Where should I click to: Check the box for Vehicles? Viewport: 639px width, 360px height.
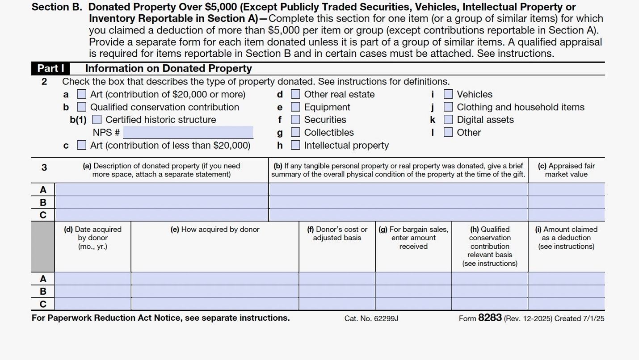pyautogui.click(x=448, y=94)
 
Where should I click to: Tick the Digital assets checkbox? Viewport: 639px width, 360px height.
pyautogui.click(x=448, y=120)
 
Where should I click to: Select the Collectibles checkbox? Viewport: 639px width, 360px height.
pyautogui.click(x=295, y=133)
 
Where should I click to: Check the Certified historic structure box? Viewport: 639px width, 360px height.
pyautogui.click(x=97, y=120)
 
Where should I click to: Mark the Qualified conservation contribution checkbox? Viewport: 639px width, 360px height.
pyautogui.click(x=82, y=107)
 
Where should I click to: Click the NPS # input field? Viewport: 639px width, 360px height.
pyautogui.click(x=188, y=133)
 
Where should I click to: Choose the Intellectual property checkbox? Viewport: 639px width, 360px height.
pyautogui.click(x=295, y=145)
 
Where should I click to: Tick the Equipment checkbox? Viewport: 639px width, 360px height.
pyautogui.click(x=295, y=107)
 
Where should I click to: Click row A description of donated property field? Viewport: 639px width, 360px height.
pyautogui.click(x=161, y=189)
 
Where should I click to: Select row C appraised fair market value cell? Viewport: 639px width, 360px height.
pyautogui.click(x=566, y=215)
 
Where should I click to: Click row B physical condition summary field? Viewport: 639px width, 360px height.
pyautogui.click(x=398, y=202)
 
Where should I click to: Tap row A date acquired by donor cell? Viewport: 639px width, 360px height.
pyautogui.click(x=93, y=279)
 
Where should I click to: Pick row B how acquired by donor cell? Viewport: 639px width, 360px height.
pyautogui.click(x=215, y=291)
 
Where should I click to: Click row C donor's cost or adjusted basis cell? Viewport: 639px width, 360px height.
pyautogui.click(x=337, y=304)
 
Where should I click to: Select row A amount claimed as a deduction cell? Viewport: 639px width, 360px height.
pyautogui.click(x=566, y=279)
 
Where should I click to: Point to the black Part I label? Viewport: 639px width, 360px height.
pyautogui.click(x=50, y=68)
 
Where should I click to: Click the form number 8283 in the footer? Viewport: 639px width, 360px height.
pyautogui.click(x=490, y=318)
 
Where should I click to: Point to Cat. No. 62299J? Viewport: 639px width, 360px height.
pyautogui.click(x=371, y=318)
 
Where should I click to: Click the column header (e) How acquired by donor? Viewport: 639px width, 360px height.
pyautogui.click(x=215, y=230)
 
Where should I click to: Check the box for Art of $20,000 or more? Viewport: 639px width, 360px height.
pyautogui.click(x=82, y=94)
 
